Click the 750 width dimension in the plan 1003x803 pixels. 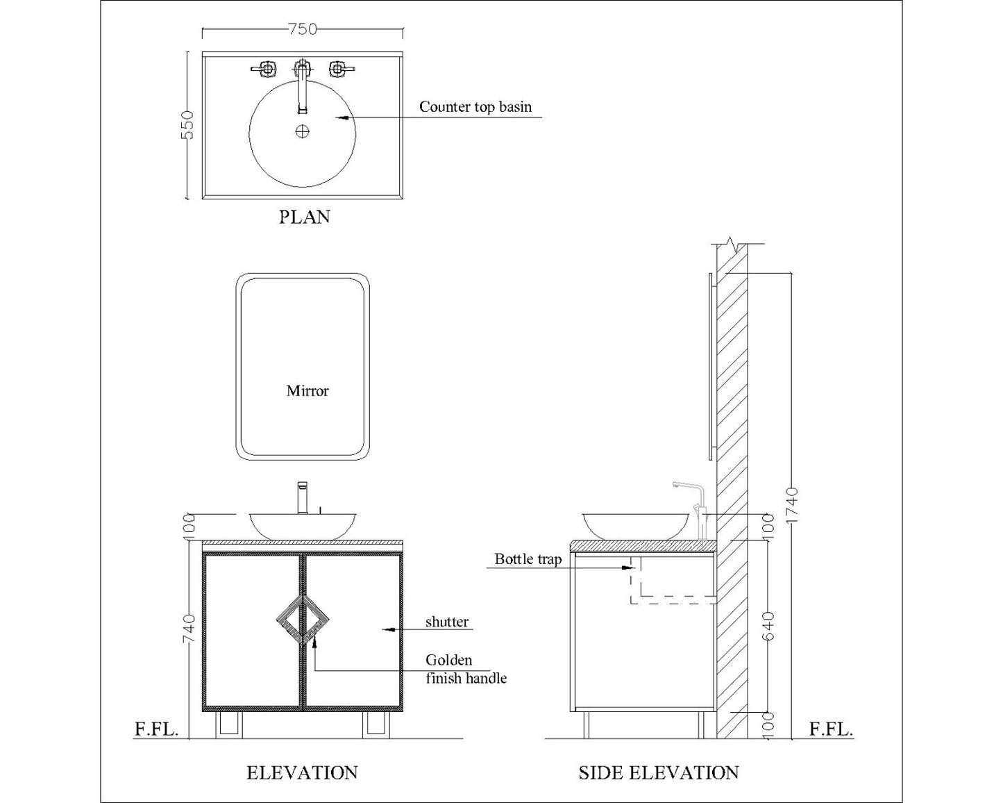point(302,29)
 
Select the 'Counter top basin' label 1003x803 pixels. point(475,107)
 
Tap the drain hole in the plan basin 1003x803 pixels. point(303,131)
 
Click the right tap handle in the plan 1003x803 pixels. point(339,69)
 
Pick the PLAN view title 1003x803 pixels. point(304,217)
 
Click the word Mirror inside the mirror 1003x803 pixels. point(307,391)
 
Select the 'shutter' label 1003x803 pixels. point(446,622)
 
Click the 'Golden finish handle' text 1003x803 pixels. point(465,669)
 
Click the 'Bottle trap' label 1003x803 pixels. point(528,559)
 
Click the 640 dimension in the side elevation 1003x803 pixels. point(768,627)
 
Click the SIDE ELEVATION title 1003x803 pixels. point(658,772)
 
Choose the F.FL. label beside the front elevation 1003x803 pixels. point(156,729)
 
